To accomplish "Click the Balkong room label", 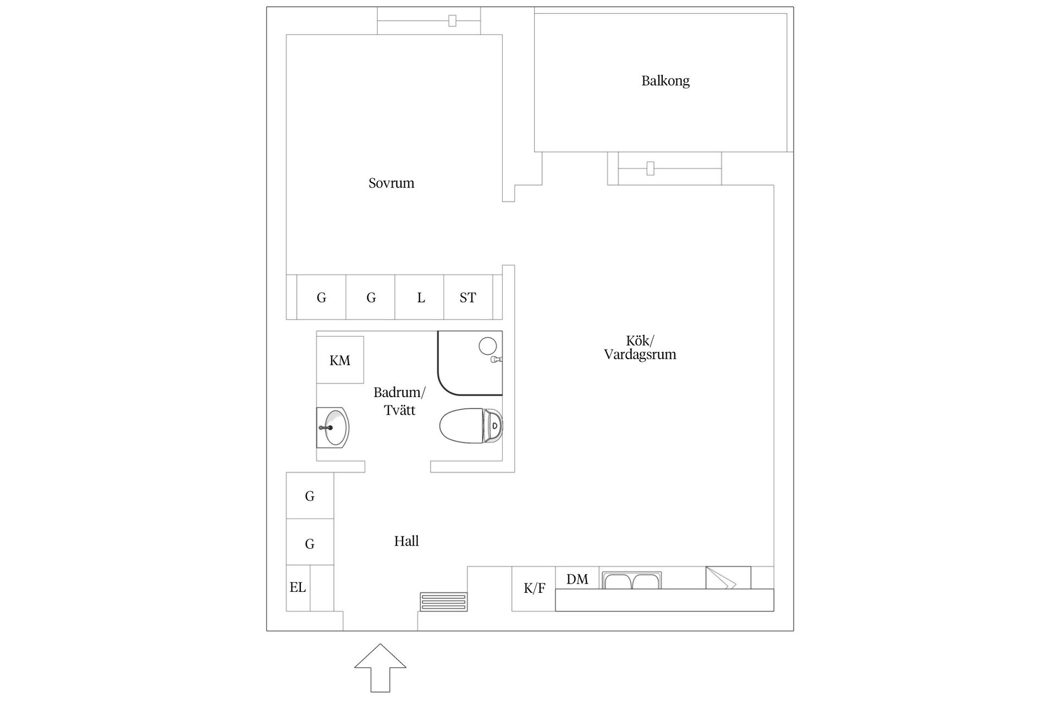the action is [x=665, y=81].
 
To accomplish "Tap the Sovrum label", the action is [x=391, y=183].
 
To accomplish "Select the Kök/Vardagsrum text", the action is [x=640, y=348].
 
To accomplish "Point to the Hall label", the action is [x=406, y=541].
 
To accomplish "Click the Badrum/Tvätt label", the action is [x=399, y=401].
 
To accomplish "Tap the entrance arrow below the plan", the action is [x=380, y=668].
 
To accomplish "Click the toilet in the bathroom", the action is [x=471, y=426].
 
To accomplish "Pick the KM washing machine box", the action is [x=340, y=360].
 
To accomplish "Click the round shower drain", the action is [x=487, y=346].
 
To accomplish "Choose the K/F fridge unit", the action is [x=533, y=588].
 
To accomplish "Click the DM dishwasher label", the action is [x=577, y=579].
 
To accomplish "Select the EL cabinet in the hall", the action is [x=298, y=588].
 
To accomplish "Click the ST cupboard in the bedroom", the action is [x=468, y=297].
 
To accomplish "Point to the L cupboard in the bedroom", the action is [x=420, y=297].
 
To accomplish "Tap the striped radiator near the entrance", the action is [x=443, y=601].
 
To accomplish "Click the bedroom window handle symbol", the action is [x=452, y=21].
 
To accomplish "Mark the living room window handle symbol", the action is [x=650, y=168].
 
